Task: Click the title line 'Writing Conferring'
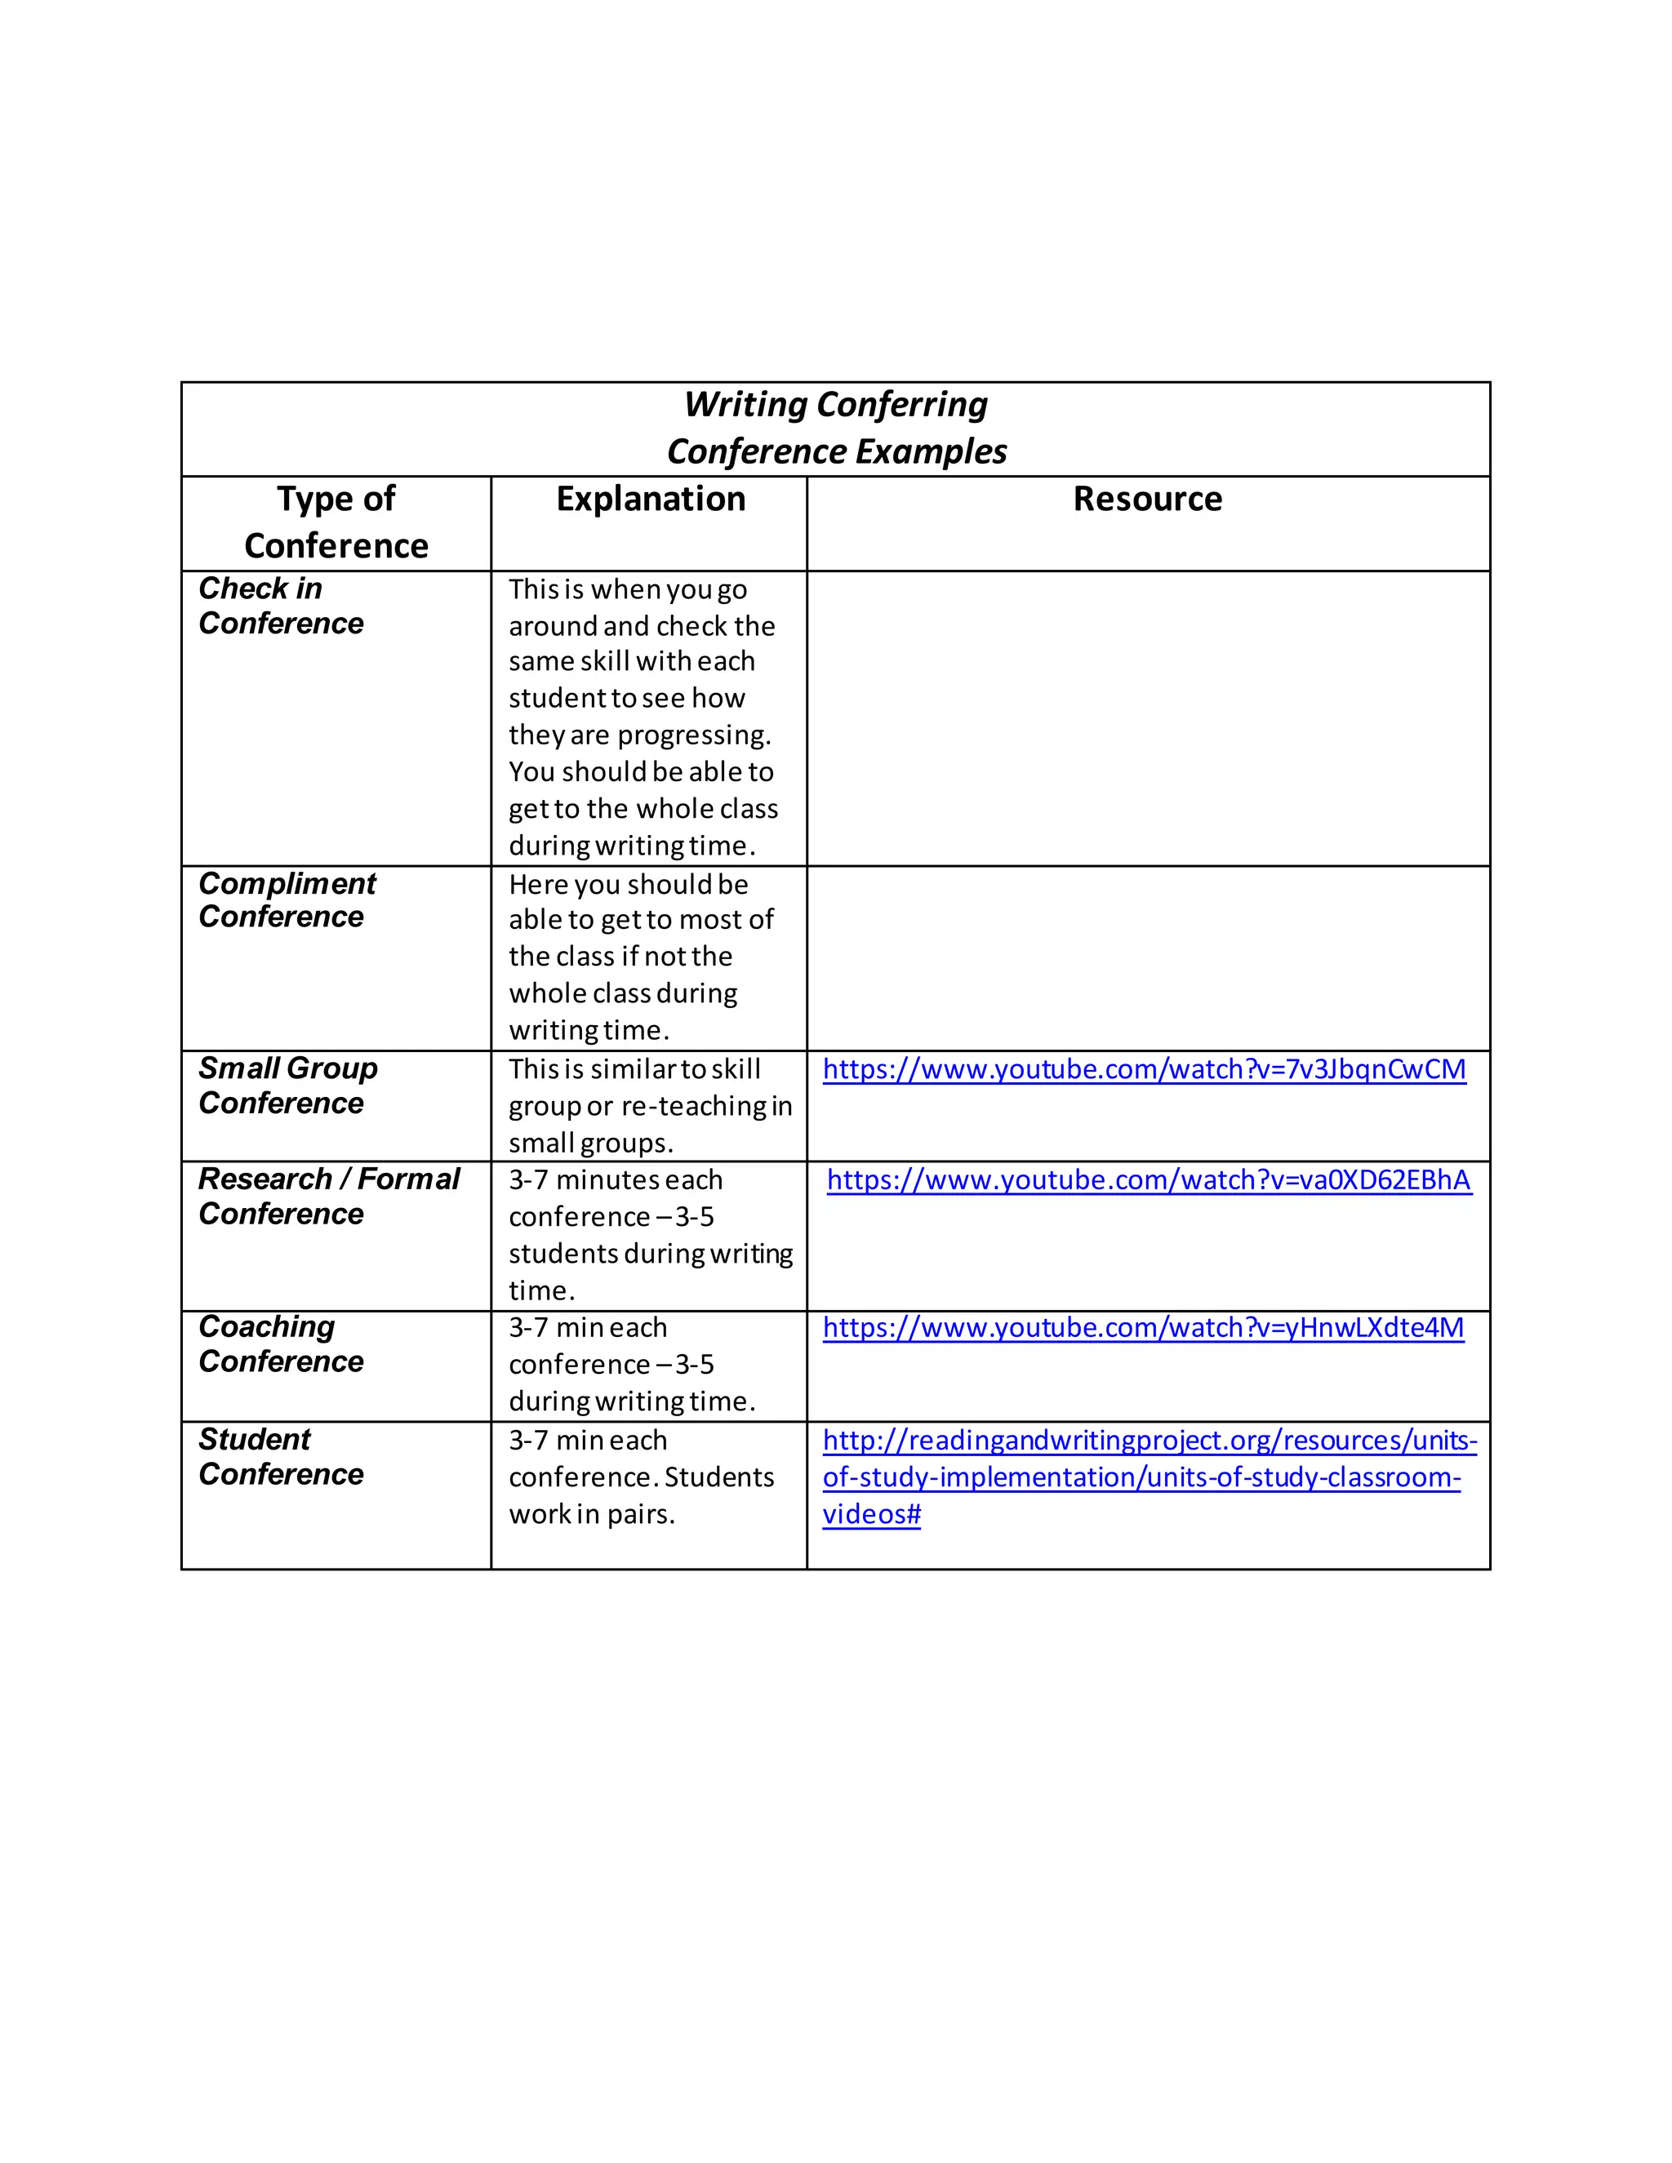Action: click(x=835, y=405)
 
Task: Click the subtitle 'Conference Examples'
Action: click(x=835, y=451)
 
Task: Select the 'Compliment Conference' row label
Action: click(x=287, y=899)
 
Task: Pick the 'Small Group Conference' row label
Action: click(x=287, y=1086)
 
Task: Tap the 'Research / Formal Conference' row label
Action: click(x=328, y=1196)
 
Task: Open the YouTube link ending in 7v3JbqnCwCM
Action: click(x=1143, y=1069)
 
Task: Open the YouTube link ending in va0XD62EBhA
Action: click(x=1148, y=1180)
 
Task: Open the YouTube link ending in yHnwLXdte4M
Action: click(x=1142, y=1328)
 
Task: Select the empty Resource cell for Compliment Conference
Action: click(x=1147, y=957)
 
